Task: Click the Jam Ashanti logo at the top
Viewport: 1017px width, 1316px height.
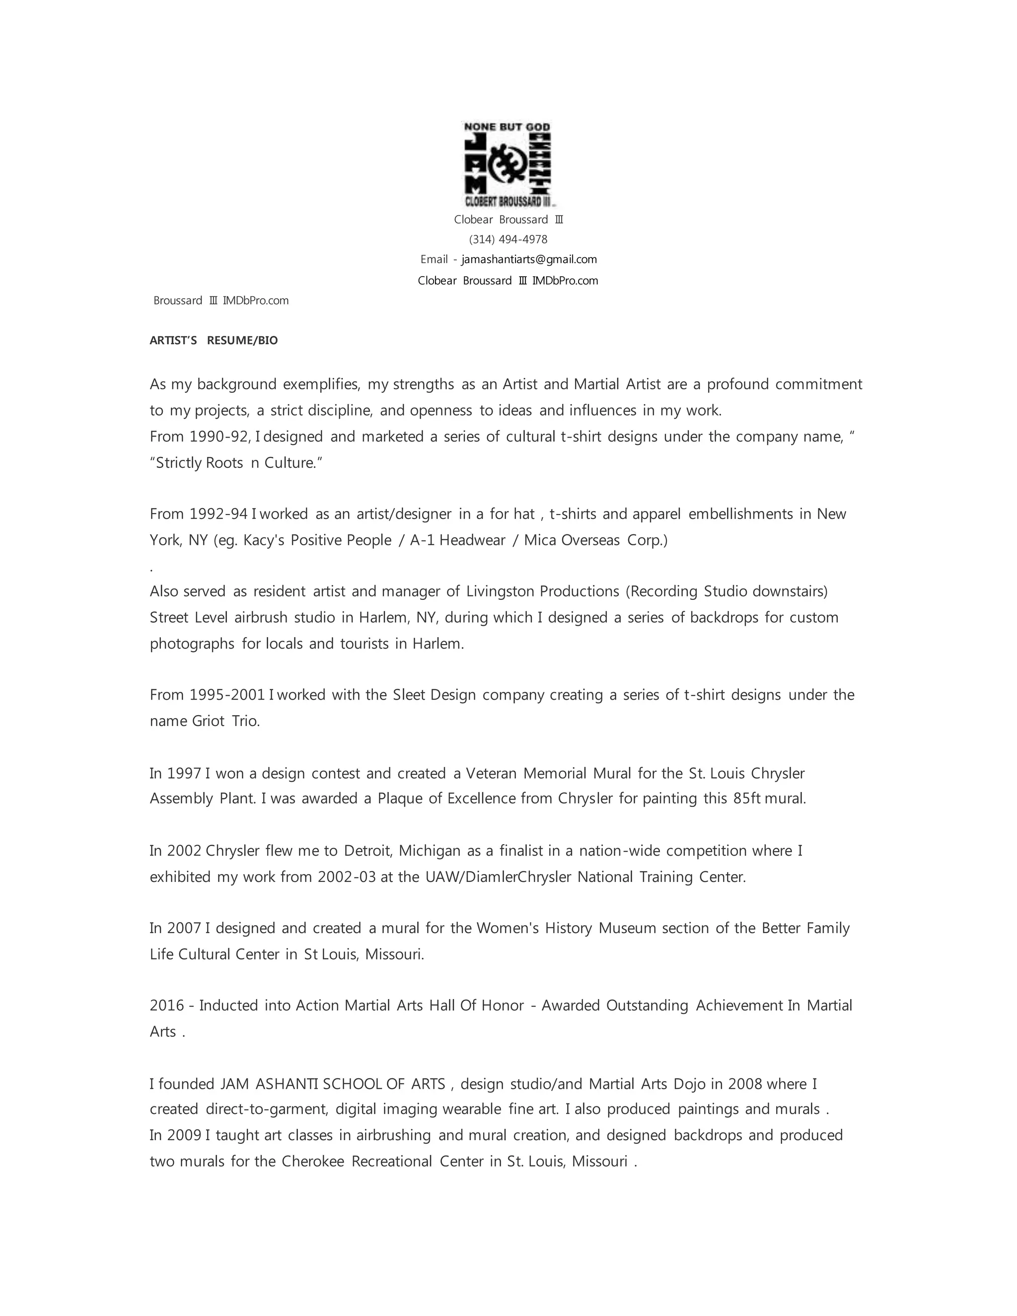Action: coord(508,164)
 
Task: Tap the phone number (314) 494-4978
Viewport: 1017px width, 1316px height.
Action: coord(508,239)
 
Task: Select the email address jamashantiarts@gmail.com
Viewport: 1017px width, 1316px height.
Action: coord(529,260)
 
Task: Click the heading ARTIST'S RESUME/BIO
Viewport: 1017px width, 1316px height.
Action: coord(214,341)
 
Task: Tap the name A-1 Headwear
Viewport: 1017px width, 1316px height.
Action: coord(457,540)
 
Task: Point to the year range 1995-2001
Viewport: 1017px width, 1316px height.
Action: coord(227,695)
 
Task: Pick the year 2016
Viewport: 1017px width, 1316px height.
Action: coord(167,1005)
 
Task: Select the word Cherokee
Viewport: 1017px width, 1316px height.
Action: coord(313,1161)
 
